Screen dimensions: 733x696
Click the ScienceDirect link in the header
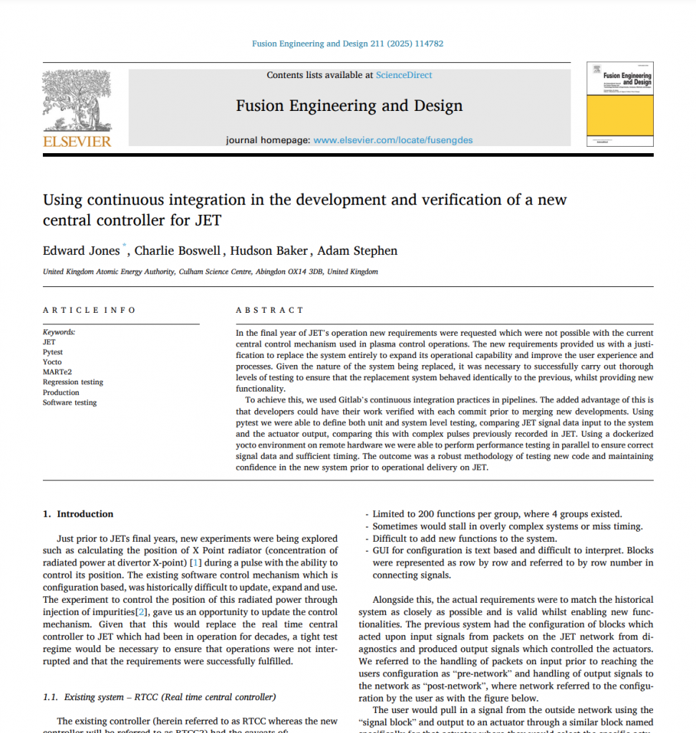coord(404,74)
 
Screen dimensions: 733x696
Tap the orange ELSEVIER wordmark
coord(77,141)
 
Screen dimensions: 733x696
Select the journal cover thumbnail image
coord(619,105)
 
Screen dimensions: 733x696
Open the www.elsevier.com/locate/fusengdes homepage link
coord(393,140)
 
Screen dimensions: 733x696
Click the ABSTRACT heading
coord(270,310)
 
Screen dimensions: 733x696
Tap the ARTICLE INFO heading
coord(89,310)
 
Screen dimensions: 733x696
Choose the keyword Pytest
coord(52,352)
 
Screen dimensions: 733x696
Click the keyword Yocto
coord(52,362)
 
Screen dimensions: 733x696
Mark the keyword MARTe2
coord(56,372)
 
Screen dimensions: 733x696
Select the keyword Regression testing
coord(73,382)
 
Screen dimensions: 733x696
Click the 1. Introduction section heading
coord(78,513)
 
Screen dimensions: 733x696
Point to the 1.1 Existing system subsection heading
coord(159,696)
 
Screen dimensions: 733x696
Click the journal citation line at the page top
coord(347,44)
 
